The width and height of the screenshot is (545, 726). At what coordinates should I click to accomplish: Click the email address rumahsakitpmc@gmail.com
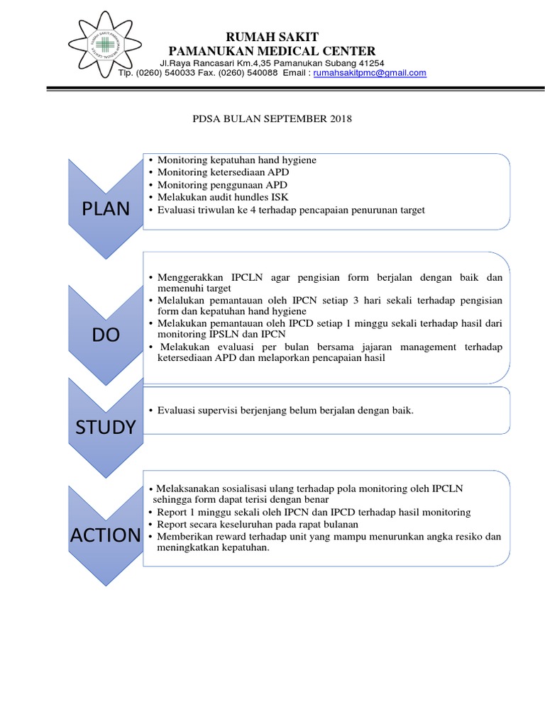[369, 73]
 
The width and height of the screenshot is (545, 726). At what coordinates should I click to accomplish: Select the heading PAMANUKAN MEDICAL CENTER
[272, 51]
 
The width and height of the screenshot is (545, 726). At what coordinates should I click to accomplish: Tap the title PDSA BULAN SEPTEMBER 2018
[272, 118]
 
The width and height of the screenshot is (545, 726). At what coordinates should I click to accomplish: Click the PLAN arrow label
[106, 208]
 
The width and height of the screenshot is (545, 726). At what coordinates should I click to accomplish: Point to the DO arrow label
[106, 335]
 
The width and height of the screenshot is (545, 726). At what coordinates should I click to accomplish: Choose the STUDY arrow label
[106, 426]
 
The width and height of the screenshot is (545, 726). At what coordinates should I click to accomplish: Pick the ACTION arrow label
[106, 535]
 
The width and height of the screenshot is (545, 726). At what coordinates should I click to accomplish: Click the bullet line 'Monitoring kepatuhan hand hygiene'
[236, 160]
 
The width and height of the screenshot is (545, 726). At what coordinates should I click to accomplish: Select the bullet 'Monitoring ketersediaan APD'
[223, 172]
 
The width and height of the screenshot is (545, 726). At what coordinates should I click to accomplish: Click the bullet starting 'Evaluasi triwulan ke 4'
[291, 210]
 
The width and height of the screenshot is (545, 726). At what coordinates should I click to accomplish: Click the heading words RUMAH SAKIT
[272, 37]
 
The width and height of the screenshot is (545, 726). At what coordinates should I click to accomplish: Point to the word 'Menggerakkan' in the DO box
[189, 277]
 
